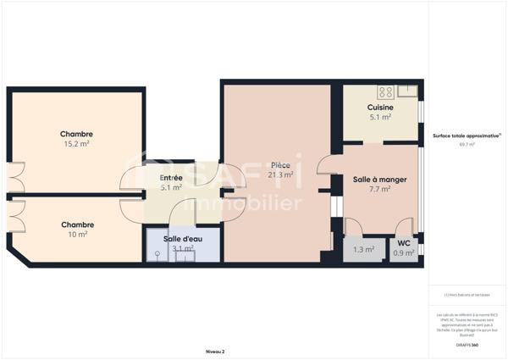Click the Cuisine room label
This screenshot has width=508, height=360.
pyautogui.click(x=379, y=108)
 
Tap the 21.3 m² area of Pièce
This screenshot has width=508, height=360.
pyautogui.click(x=280, y=175)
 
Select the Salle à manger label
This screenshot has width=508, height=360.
pyautogui.click(x=378, y=179)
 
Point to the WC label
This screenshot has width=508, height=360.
pyautogui.click(x=404, y=243)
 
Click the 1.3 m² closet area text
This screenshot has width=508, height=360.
pyautogui.click(x=362, y=250)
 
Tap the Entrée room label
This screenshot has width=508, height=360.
pyautogui.click(x=171, y=177)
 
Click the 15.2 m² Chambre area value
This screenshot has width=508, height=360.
pyautogui.click(x=76, y=144)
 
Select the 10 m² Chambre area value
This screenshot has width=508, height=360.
pyautogui.click(x=76, y=235)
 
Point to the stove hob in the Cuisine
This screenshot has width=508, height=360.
pyautogui.click(x=385, y=91)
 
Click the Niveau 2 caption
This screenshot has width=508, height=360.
pyautogui.click(x=215, y=350)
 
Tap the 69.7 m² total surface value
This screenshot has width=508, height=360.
pyautogui.click(x=467, y=145)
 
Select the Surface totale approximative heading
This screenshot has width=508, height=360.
pyautogui.click(x=467, y=136)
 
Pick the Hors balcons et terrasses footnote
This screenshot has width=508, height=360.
pyautogui.click(x=467, y=295)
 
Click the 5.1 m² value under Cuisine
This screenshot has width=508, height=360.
pyautogui.click(x=379, y=118)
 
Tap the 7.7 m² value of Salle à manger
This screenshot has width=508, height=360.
pyautogui.click(x=378, y=189)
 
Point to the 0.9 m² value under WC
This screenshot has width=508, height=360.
pyautogui.click(x=404, y=252)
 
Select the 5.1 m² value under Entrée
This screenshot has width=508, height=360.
pyautogui.click(x=171, y=187)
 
